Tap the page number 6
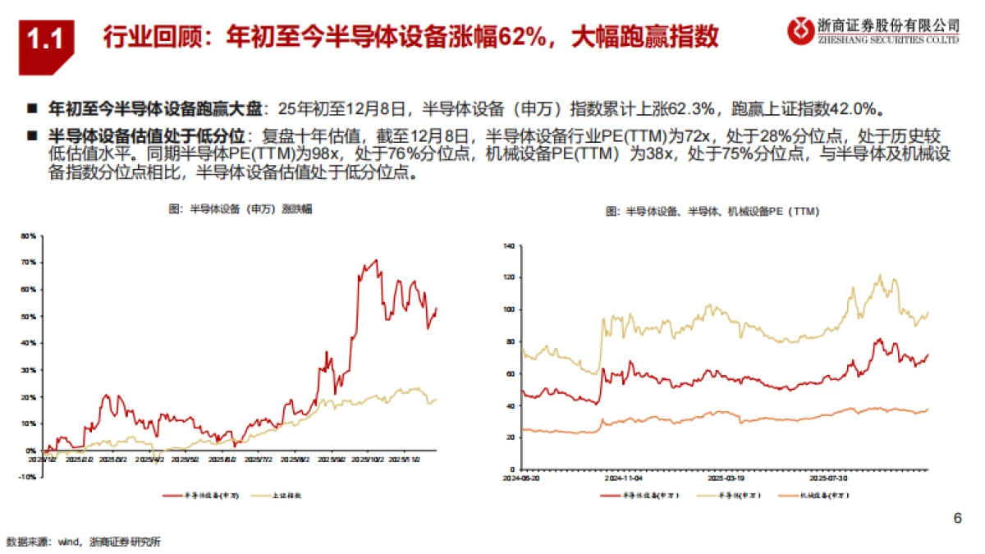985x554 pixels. (x=956, y=519)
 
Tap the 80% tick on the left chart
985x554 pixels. (x=29, y=236)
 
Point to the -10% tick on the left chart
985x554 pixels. (x=28, y=477)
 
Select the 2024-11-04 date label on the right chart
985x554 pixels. (x=622, y=477)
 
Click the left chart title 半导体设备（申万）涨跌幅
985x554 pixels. (x=240, y=210)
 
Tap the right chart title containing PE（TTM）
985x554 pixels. (x=712, y=212)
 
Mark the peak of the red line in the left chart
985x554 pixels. (x=376, y=261)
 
